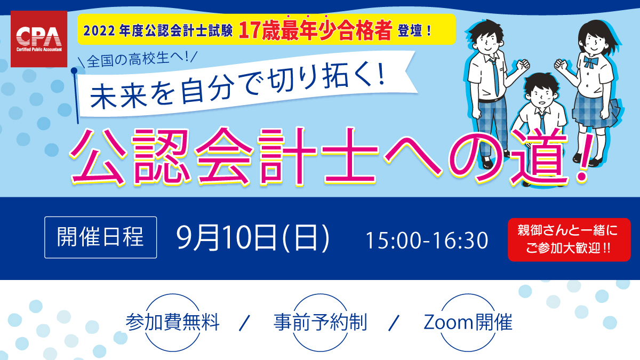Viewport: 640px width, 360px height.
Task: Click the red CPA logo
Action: (39, 39)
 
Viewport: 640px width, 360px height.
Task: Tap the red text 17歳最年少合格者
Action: (315, 30)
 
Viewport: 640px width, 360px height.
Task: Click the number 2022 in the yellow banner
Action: (99, 31)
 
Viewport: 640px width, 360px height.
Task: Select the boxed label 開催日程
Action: (101, 237)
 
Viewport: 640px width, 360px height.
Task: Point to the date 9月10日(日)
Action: (253, 238)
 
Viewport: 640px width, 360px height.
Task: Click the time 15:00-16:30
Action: (427, 241)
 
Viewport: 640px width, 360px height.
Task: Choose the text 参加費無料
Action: (173, 322)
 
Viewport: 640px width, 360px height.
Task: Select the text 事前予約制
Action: (321, 322)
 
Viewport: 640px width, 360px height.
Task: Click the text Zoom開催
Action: (468, 322)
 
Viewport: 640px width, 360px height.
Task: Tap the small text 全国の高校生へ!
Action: (138, 59)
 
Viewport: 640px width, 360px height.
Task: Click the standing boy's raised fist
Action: (523, 66)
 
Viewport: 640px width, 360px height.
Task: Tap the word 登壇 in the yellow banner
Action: (410, 31)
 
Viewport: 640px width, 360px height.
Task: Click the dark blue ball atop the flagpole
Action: (74, 70)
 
